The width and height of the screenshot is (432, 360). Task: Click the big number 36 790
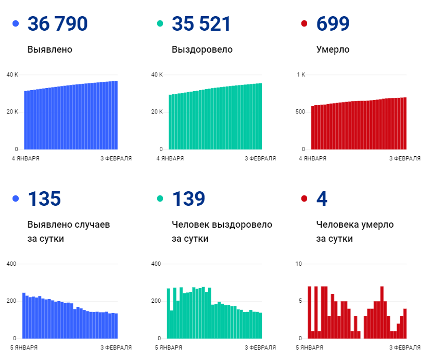pyautogui.click(x=57, y=24)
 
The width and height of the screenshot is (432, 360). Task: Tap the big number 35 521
pyautogui.click(x=201, y=24)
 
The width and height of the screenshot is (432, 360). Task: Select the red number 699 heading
pyautogui.click(x=333, y=24)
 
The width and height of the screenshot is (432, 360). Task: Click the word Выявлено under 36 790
pyautogui.click(x=49, y=50)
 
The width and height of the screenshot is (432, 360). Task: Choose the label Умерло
pyautogui.click(x=333, y=50)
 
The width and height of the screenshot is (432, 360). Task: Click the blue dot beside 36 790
pyautogui.click(x=16, y=24)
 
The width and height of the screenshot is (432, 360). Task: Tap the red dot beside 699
pyautogui.click(x=304, y=24)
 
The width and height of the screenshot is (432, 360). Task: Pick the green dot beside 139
pyautogui.click(x=160, y=198)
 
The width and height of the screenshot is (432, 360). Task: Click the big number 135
pyautogui.click(x=44, y=198)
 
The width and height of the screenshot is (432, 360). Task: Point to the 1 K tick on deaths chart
pyautogui.click(x=301, y=75)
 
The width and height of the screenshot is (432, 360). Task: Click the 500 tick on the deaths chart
pyautogui.click(x=300, y=112)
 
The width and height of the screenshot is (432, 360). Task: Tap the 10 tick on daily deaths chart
pyautogui.click(x=298, y=264)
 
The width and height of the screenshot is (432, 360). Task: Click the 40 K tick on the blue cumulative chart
pyautogui.click(x=12, y=75)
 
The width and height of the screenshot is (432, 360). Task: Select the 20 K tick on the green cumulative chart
pyautogui.click(x=157, y=112)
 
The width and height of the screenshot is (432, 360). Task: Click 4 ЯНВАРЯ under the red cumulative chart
pyautogui.click(x=312, y=158)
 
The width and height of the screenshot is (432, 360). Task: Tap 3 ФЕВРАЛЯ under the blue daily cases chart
pyautogui.click(x=116, y=347)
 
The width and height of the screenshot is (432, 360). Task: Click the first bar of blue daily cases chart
pyautogui.click(x=24, y=316)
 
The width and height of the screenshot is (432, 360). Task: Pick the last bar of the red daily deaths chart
pyautogui.click(x=404, y=324)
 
